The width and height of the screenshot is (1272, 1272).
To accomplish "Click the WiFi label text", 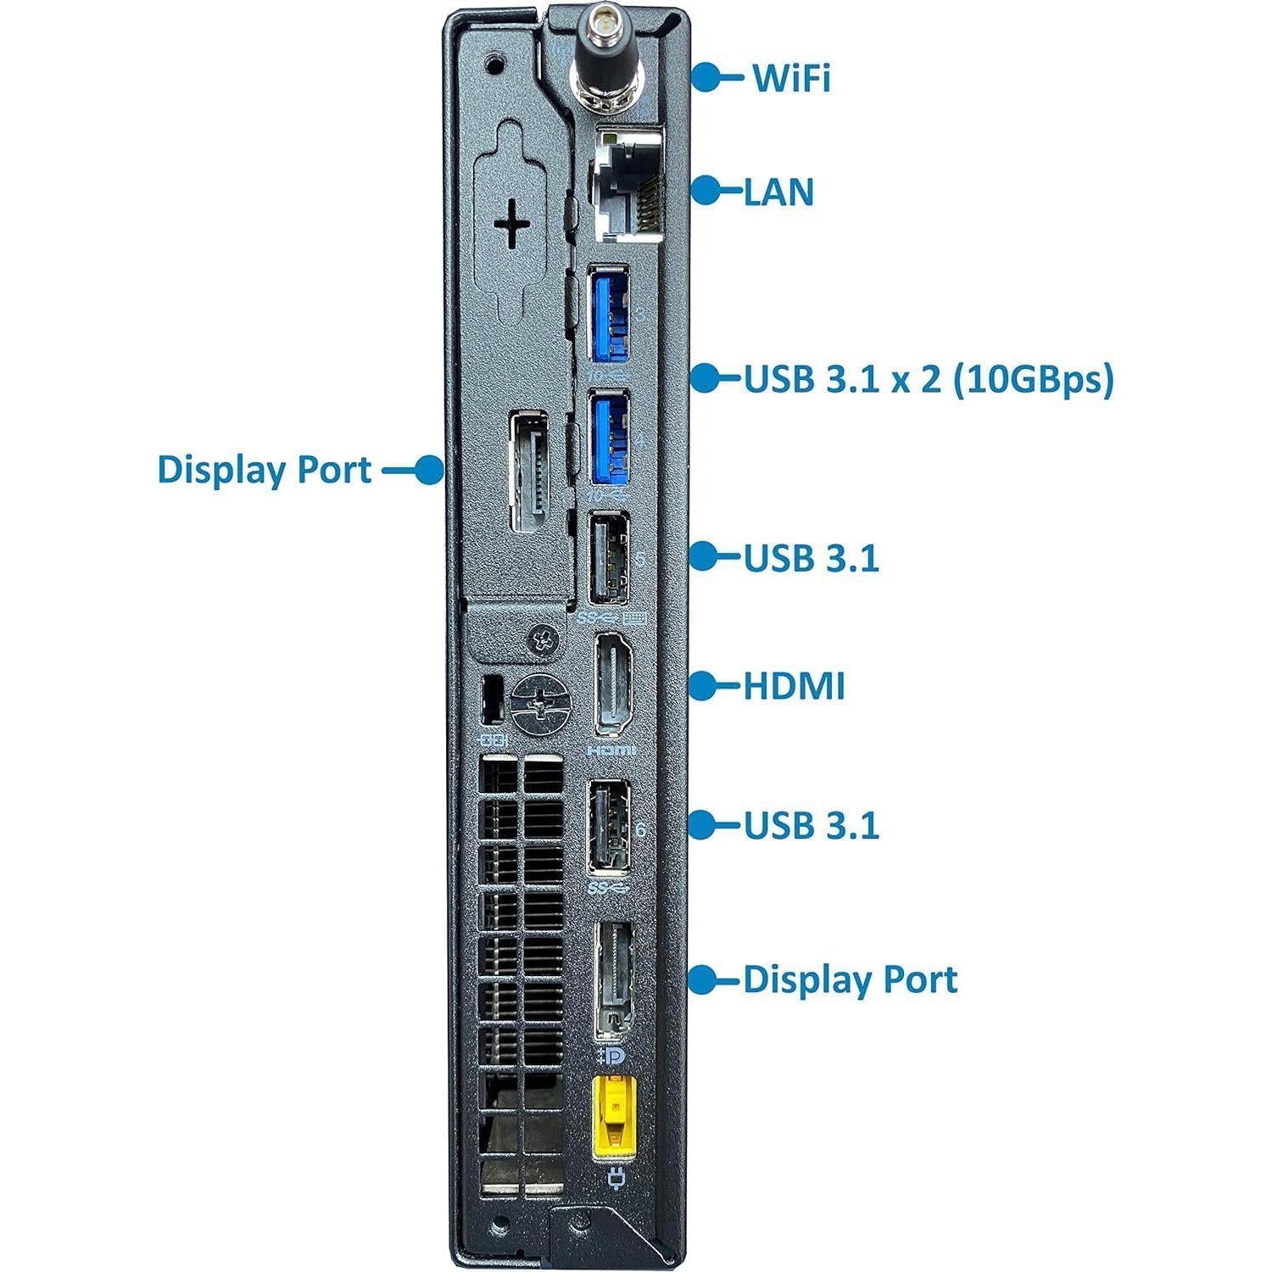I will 791,77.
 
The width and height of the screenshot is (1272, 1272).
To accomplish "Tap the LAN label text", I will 778,192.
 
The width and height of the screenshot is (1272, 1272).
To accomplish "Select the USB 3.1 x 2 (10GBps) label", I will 929,379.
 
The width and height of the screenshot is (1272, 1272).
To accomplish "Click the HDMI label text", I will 794,686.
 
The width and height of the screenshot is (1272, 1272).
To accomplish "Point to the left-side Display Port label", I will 265,470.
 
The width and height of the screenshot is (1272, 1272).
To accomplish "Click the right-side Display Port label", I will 850,980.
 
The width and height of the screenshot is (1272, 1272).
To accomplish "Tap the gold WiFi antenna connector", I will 604,61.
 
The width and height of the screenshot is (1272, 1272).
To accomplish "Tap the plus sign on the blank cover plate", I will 512,226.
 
